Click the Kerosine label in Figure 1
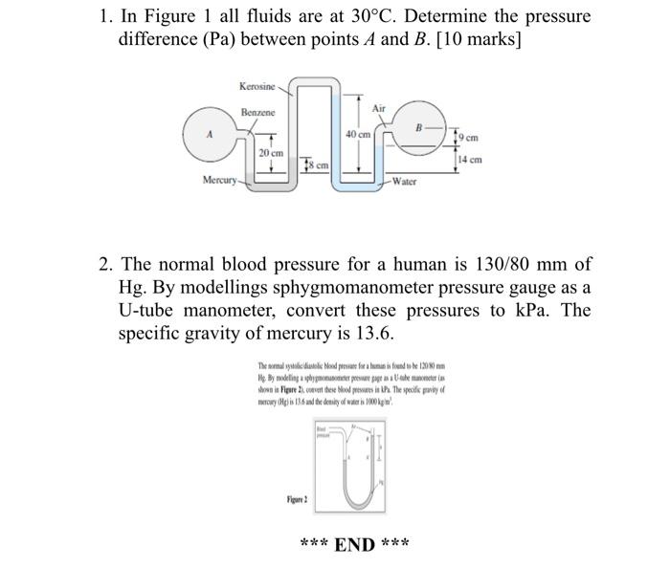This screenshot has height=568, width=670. click(257, 87)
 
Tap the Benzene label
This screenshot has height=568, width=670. click(257, 113)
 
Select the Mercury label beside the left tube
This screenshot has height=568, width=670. click(219, 180)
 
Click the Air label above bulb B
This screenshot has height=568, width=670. click(379, 108)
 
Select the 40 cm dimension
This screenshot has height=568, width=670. click(358, 135)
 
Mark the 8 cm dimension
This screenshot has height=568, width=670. click(317, 165)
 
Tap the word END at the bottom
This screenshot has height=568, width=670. click(354, 545)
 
